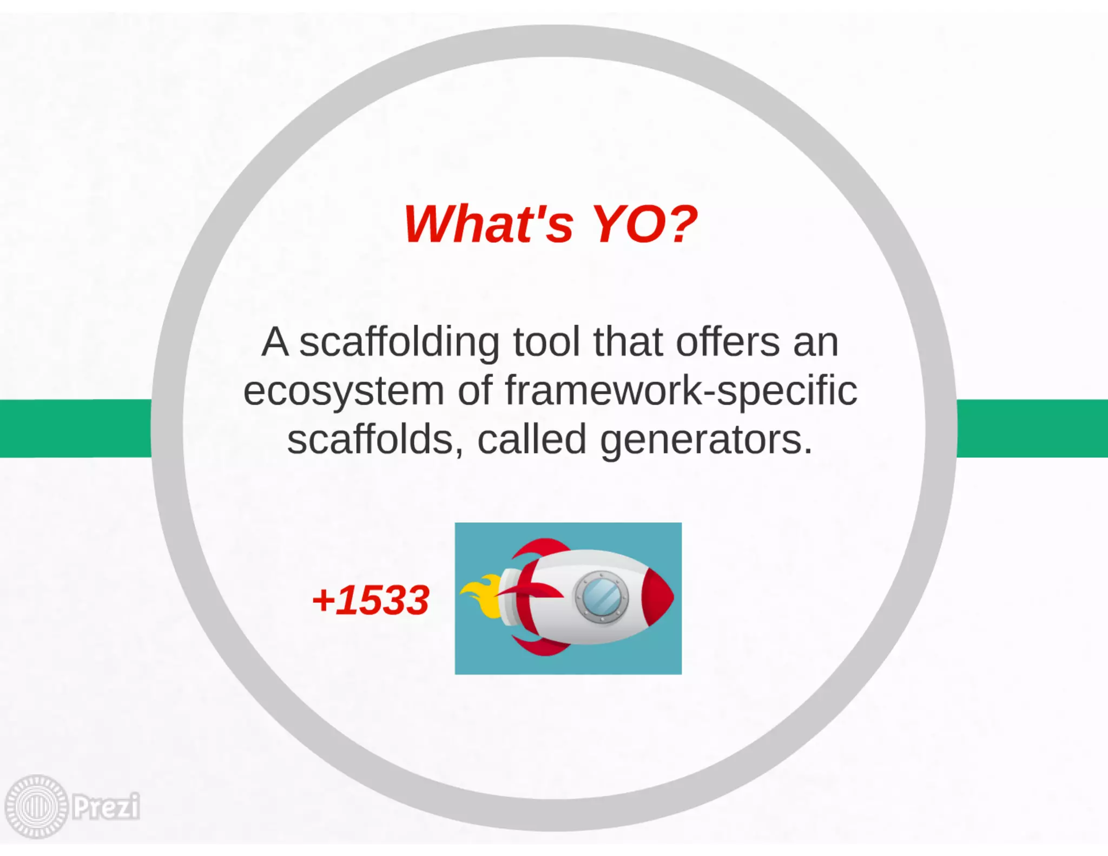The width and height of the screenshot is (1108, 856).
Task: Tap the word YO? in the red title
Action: click(x=644, y=224)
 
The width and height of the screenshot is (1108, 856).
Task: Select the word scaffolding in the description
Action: click(x=399, y=343)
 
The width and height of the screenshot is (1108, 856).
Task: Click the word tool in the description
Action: click(x=546, y=343)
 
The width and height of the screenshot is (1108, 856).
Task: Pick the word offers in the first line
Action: click(x=728, y=343)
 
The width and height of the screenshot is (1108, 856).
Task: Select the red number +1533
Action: click(x=371, y=601)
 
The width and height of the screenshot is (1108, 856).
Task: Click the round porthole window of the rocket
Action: click(x=601, y=597)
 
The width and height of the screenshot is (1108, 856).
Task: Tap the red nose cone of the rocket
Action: click(x=658, y=597)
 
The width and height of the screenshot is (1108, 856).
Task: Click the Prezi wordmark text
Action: click(x=106, y=807)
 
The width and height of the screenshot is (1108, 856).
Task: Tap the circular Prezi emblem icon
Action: click(x=37, y=807)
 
